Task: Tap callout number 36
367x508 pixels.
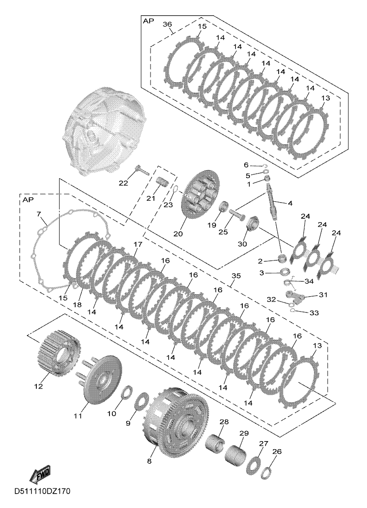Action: tap(167, 24)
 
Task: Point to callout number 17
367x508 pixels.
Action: tap(138, 245)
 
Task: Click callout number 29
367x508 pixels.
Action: tap(244, 433)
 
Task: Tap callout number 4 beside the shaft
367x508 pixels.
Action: tap(290, 203)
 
